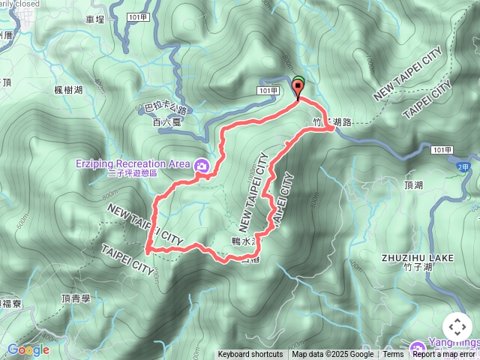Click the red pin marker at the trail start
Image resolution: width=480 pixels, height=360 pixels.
coord(298,89)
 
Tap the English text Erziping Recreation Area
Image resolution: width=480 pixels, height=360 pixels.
coord(132,163)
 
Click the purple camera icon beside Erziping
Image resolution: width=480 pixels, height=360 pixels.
coord(202,166)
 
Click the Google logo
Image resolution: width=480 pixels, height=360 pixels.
coord(28,349)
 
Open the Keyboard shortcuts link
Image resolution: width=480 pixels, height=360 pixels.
coord(250,355)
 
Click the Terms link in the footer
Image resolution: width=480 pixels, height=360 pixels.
coord(393,355)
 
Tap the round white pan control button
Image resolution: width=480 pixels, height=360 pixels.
coord(457,327)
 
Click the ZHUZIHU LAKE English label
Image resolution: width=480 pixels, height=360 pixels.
coord(417,257)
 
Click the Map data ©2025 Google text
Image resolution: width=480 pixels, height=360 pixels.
coord(332,355)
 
